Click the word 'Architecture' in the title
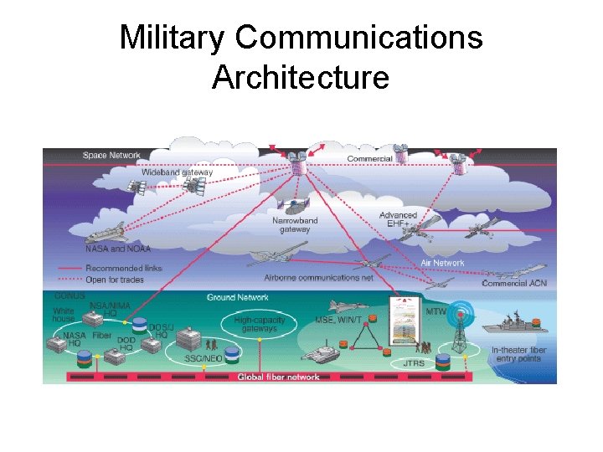coord(301,78)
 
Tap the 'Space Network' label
coord(111,156)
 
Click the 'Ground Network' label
coord(238,297)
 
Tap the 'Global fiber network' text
coord(278,378)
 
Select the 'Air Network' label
coord(442,263)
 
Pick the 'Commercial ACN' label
coord(513,283)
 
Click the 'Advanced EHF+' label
coord(397,219)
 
